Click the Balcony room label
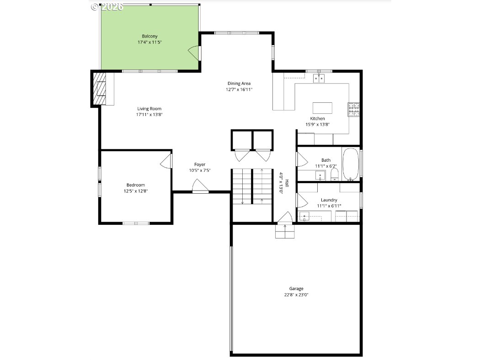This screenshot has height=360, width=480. coord(149,36)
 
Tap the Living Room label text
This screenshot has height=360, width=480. coord(149,109)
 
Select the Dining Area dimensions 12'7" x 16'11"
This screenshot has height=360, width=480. coord(239,90)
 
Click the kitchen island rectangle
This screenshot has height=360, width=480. coord(322,108)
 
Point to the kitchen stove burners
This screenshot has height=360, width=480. coord(353,110)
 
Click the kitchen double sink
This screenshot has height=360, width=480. coord(319,78)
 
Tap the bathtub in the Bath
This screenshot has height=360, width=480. coord(350,164)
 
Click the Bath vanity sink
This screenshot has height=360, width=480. coord(320,176)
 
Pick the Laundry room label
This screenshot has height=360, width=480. coord(329,200)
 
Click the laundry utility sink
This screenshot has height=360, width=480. coord(304,216)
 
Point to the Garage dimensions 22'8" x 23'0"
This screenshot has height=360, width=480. coord(296,295)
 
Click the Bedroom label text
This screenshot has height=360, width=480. coord(136,185)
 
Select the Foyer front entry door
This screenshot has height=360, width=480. coord(201,186)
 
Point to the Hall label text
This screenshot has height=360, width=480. coord(287,183)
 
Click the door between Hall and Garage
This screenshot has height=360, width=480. coord(285,217)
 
